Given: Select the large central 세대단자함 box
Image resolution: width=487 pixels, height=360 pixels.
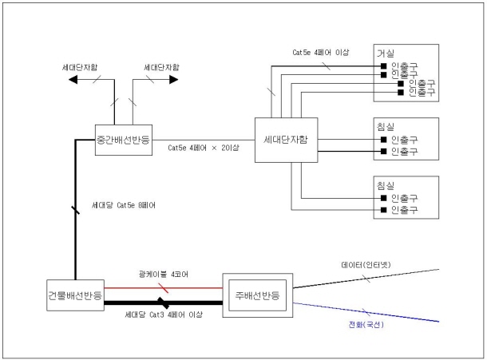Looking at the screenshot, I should coord(285,140).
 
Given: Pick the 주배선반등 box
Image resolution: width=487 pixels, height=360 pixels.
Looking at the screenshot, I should coord(259,295).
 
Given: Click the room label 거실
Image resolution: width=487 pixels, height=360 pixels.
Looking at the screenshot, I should coord(386,52).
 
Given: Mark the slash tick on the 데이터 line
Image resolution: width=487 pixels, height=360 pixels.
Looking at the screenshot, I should coord(366,279).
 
